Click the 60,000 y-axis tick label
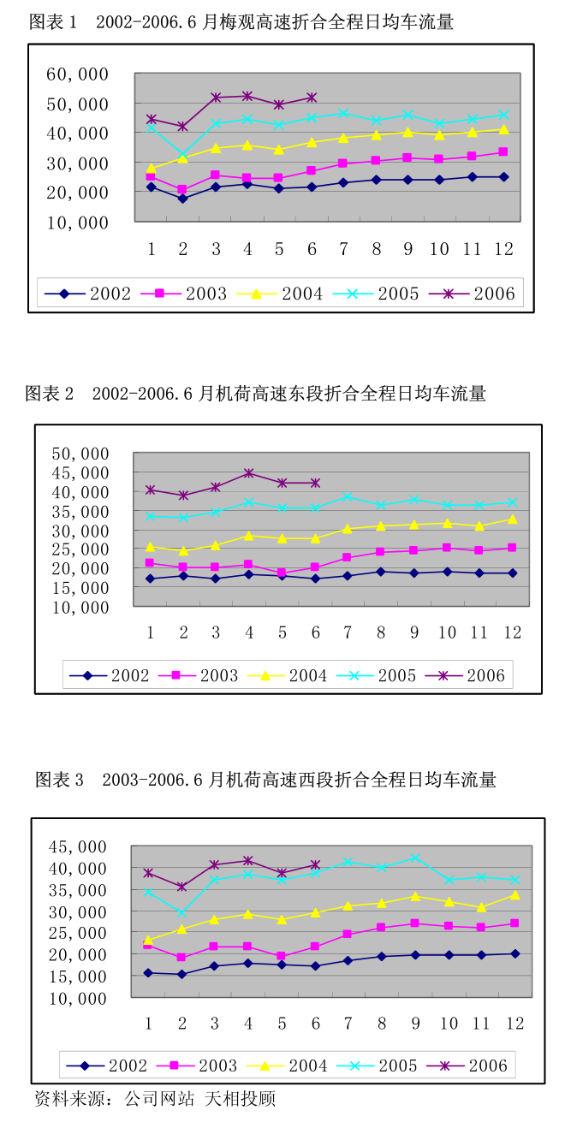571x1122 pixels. pos(77,74)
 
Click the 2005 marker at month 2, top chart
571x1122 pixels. pos(182,156)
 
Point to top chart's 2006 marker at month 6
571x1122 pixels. pos(312,98)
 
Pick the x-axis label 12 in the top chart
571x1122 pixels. pos(503,249)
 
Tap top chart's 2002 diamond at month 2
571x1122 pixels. pos(182,199)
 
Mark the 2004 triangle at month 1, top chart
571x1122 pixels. pos(151,169)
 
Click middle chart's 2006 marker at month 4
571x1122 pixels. pos(249,472)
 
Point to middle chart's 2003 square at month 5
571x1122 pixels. pos(282,573)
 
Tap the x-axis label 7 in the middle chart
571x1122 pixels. pos(348,633)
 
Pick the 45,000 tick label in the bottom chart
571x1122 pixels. pos(77,847)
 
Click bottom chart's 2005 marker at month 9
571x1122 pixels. pos(415,858)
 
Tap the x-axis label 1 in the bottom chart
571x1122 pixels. pos(148,1024)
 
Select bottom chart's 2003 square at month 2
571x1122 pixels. pos(181,958)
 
